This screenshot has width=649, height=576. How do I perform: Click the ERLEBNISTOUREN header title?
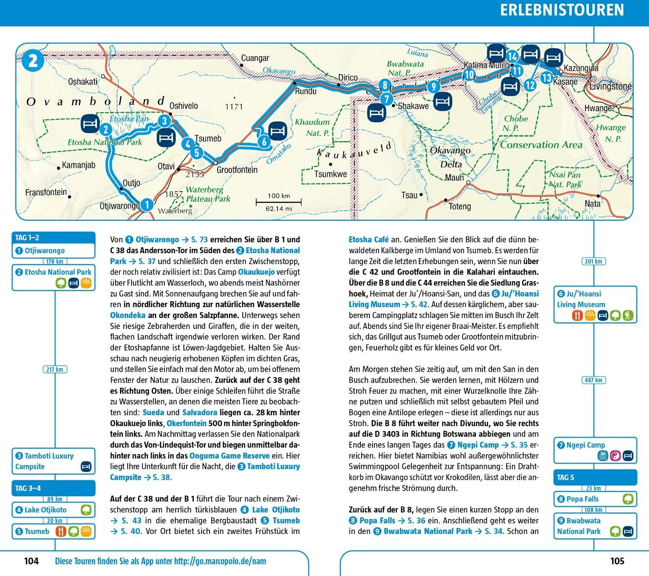tap(562, 10)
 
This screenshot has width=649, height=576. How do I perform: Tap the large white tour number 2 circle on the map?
tap(33, 61)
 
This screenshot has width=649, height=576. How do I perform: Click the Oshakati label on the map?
tap(83, 81)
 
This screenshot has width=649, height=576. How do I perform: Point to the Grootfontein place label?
tap(237, 170)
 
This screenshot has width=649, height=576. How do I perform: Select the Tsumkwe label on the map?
tap(331, 174)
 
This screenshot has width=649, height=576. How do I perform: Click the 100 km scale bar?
tap(279, 202)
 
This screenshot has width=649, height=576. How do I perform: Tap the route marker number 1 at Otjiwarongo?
tap(147, 204)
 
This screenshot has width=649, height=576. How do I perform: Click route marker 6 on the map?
tap(264, 141)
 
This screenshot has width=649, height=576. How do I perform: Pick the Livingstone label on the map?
tap(610, 87)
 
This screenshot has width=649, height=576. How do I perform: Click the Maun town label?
tap(454, 177)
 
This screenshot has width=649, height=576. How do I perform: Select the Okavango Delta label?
tap(450, 157)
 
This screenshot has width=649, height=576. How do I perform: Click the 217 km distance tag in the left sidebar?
tap(55, 370)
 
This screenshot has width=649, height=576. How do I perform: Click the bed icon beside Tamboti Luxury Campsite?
tap(86, 467)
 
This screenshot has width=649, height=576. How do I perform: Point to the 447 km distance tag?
tap(594, 380)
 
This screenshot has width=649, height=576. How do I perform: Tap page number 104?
tap(32, 561)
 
